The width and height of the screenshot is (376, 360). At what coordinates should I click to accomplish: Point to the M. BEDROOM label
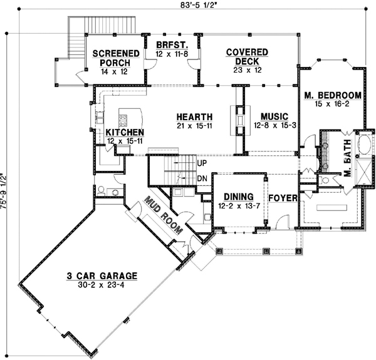click(x=333, y=95)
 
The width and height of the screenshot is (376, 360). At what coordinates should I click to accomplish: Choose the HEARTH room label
click(x=194, y=116)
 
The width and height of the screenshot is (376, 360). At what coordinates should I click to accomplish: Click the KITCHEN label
click(x=125, y=133)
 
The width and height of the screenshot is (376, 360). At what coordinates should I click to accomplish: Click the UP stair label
click(x=202, y=163)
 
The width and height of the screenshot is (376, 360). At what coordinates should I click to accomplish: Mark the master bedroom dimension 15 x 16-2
click(x=333, y=104)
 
